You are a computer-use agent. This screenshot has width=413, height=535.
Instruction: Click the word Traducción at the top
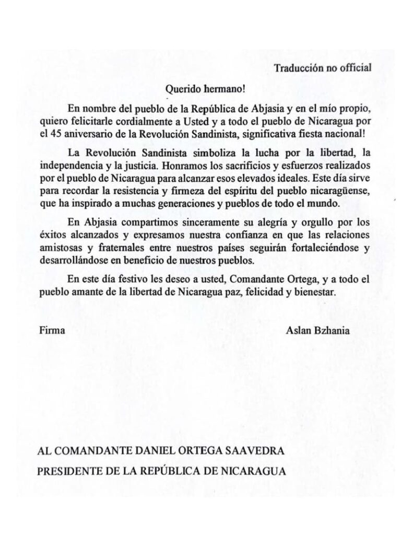click(x=296, y=67)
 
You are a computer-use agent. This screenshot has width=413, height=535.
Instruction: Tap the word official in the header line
click(x=355, y=67)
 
